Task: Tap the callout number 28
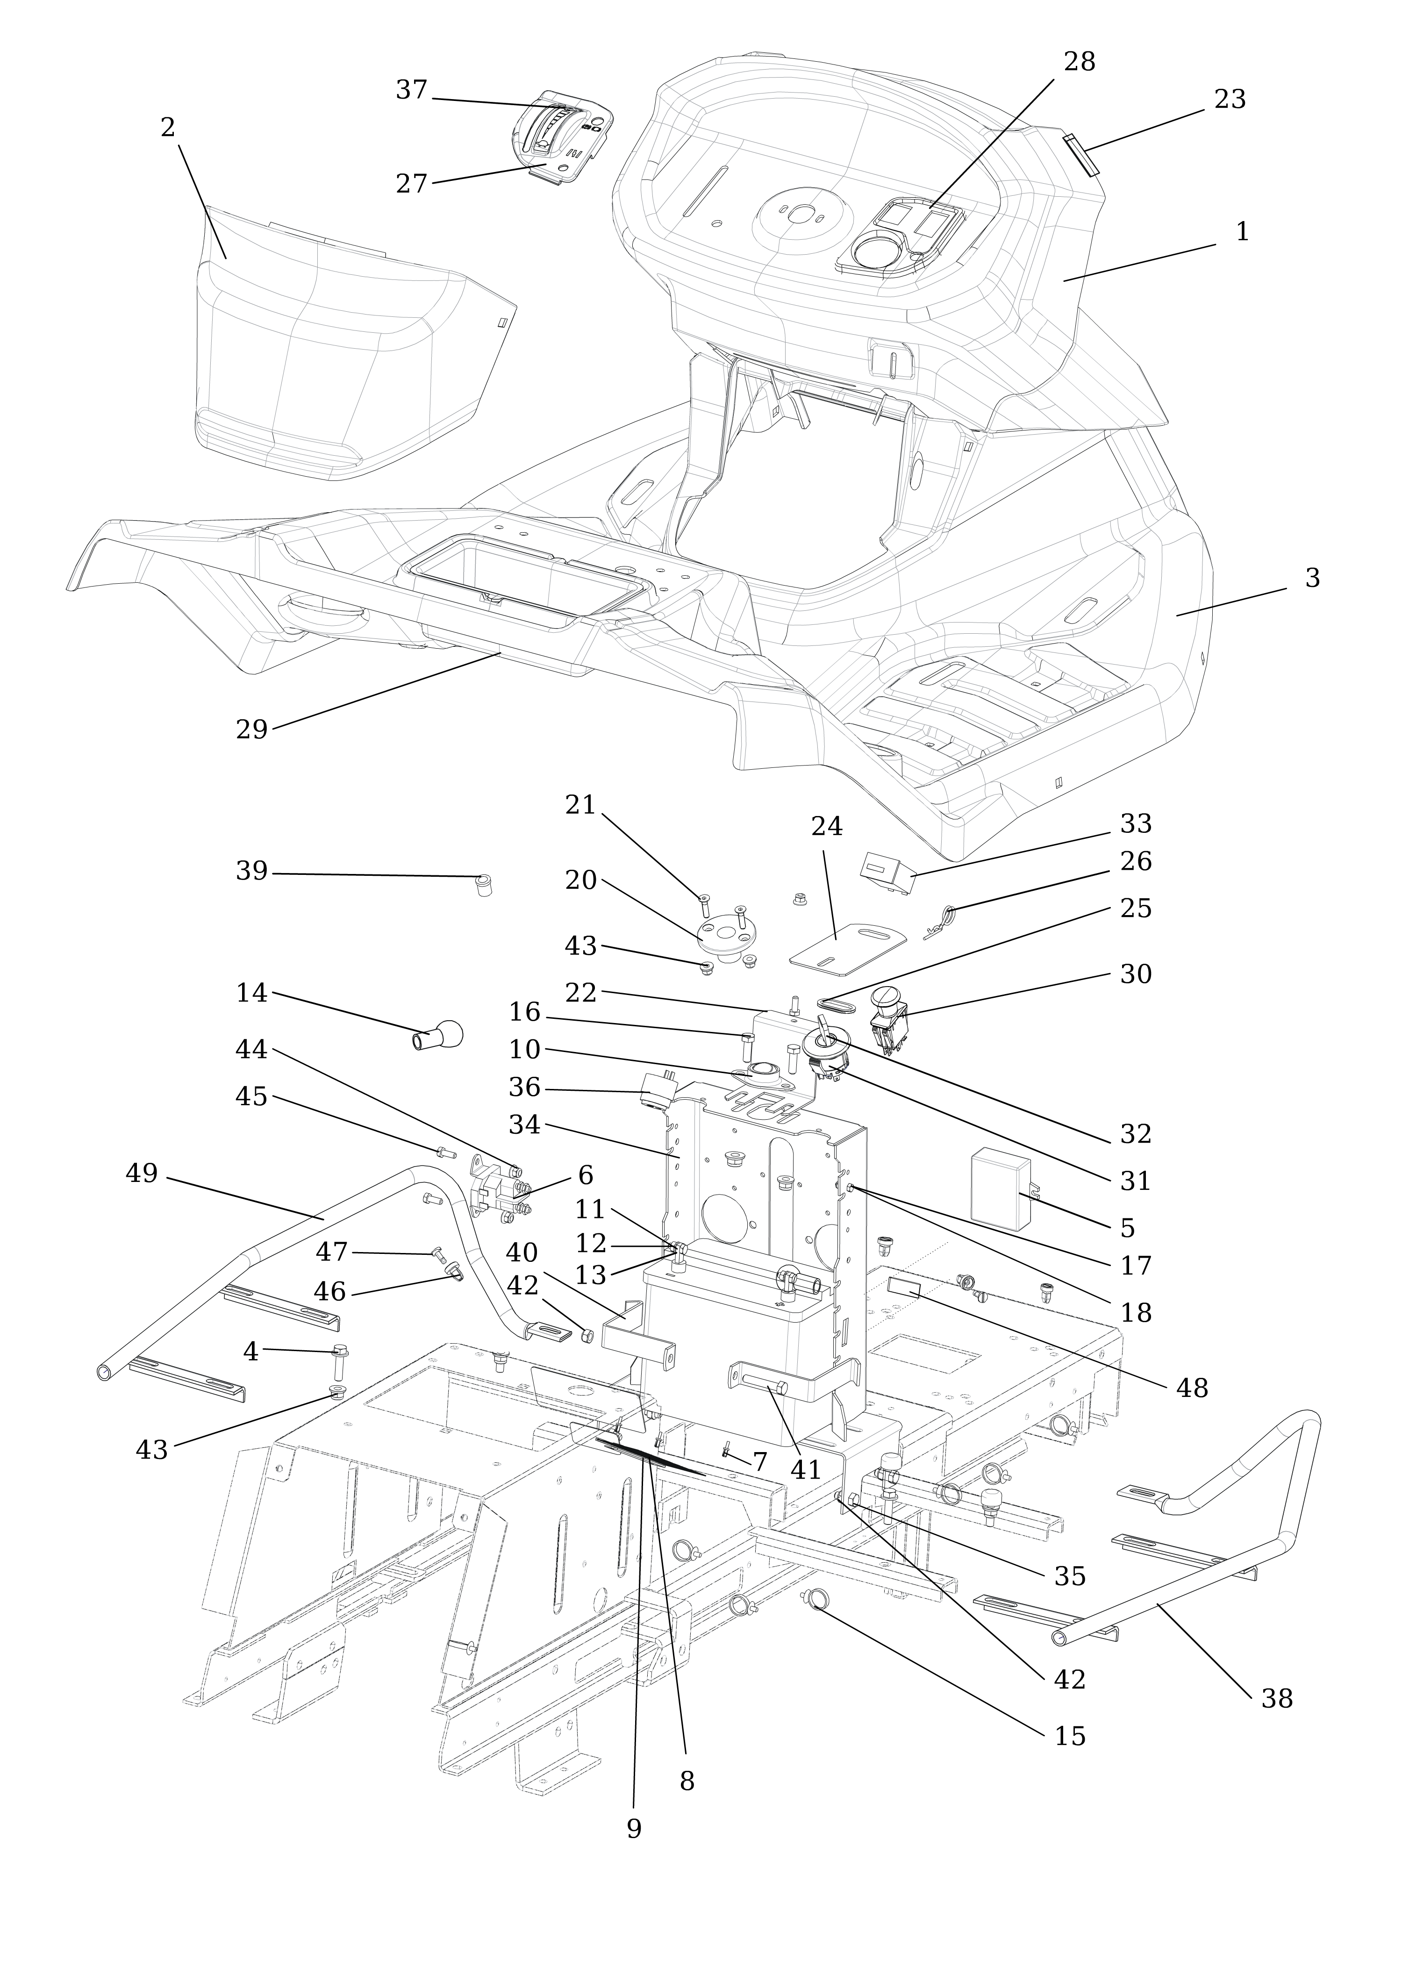click(1079, 62)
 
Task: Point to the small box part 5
click(1002, 1188)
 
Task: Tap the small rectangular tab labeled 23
click(1080, 154)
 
